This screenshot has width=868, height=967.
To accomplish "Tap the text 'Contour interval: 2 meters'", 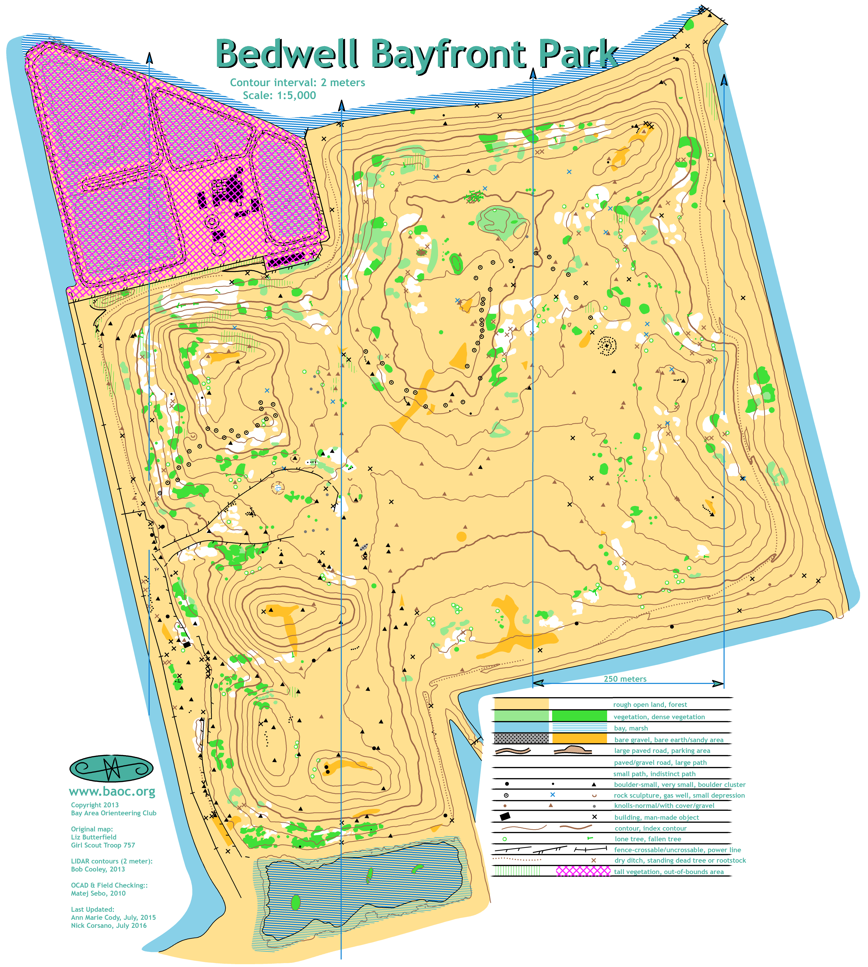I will coord(297,83).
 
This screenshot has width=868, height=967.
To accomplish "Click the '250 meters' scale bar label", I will coord(625,679).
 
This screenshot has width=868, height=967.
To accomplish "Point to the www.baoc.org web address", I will coord(112,792).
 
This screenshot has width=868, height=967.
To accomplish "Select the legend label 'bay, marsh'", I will coord(630,728).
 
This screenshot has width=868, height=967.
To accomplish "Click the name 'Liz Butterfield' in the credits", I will coord(93,837).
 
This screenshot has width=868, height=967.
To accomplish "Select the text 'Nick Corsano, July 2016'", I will coord(109,925).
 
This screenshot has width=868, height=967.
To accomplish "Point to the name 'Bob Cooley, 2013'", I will coord(98,869).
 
